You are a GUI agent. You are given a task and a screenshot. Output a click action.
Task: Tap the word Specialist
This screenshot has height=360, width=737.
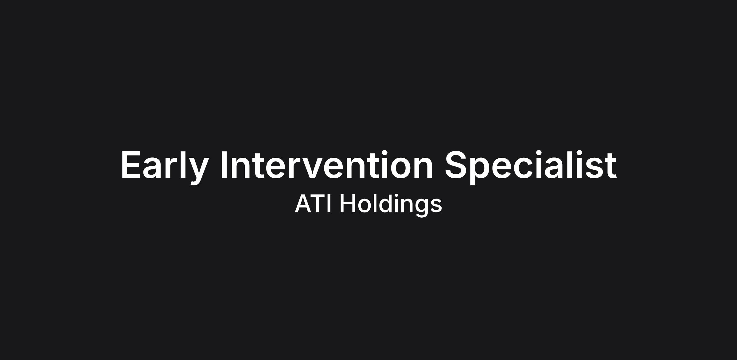point(531,168)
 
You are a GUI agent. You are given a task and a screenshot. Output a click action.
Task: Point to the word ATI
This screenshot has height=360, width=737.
point(313,203)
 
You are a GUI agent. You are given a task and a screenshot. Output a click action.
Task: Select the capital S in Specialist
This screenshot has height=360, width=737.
point(456,165)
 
